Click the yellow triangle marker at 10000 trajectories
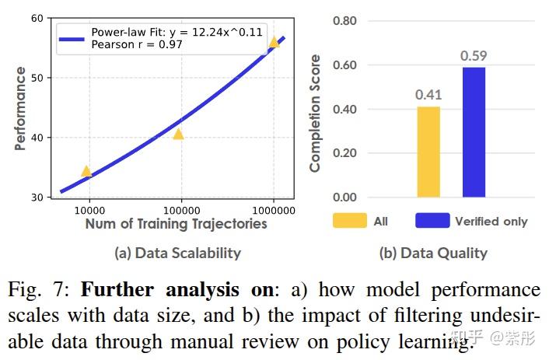pos(86,172)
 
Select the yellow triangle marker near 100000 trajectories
pos(178,135)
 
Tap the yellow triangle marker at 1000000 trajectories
pos(274,42)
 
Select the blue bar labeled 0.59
pos(474,132)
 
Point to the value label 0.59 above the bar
pos(474,56)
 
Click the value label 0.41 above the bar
pos(428,95)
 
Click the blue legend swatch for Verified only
pos(432,221)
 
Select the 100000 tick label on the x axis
pos(181,210)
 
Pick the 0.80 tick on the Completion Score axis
pos(345,20)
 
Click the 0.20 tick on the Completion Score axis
pos(345,153)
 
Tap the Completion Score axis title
pos(315,112)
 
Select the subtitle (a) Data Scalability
pos(177,253)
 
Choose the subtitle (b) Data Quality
pos(433,253)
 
